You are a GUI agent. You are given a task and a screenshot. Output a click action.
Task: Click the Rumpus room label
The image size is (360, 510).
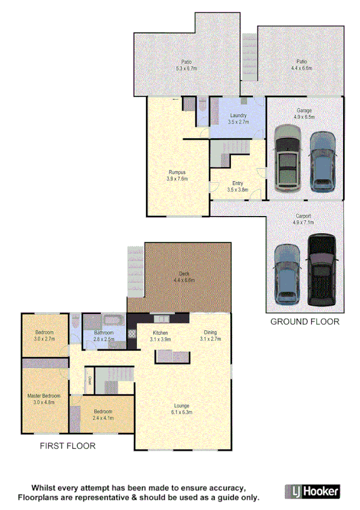coord(177,175)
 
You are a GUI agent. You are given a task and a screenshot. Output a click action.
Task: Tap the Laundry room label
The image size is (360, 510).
coord(238,119)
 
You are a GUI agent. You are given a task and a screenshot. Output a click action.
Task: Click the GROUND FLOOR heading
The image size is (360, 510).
coord(305,322)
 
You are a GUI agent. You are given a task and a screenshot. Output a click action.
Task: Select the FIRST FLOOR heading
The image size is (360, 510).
coord(68,446)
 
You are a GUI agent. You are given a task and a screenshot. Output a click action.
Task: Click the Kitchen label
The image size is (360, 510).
coord(160,336)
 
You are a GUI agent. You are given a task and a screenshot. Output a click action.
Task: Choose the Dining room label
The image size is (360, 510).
coord(210,336)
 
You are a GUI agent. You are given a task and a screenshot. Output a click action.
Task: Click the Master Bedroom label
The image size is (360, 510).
coord(44,399)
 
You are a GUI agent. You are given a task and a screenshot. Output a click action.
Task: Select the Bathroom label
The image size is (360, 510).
coord(104,336)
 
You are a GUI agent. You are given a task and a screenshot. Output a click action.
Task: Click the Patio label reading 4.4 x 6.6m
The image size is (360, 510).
coord(302,64)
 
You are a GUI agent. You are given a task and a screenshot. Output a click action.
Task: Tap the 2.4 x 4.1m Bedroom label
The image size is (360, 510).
coord(103,414)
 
